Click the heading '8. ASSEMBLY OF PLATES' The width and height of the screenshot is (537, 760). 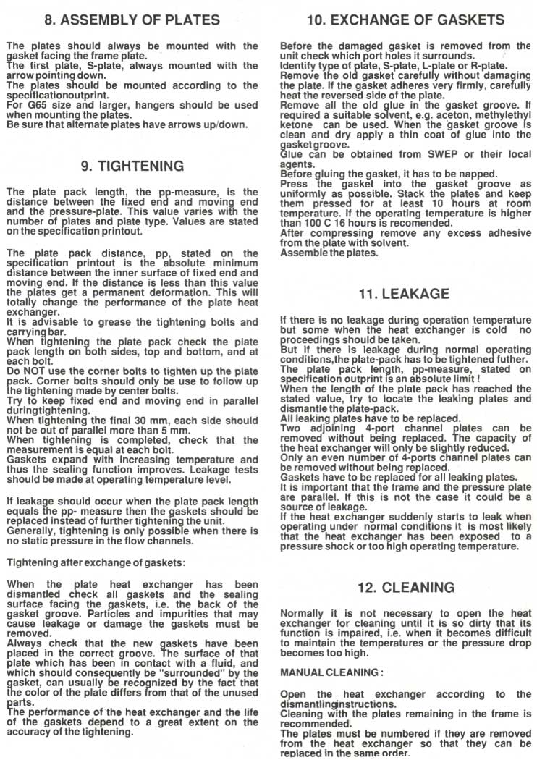pos(132,20)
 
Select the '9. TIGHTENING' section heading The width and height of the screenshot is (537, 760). pos(132,166)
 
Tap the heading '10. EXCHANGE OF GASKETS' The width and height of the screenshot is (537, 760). pos(405,20)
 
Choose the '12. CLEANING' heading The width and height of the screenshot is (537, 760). pos(405,587)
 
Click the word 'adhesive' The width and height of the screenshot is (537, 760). pos(510,234)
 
